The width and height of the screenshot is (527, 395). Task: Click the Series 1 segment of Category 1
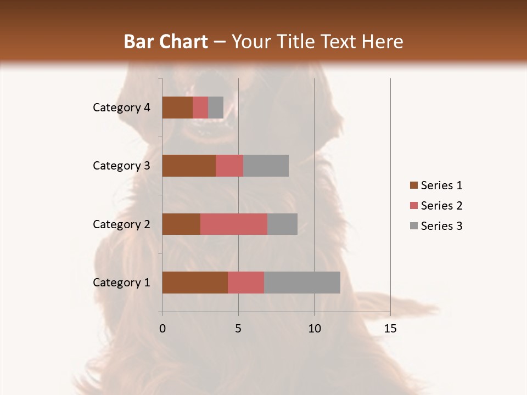(x=195, y=283)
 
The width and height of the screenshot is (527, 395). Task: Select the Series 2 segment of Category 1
(x=246, y=283)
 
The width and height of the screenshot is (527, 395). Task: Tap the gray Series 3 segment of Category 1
(x=302, y=283)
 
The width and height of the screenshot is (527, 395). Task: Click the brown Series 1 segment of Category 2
(x=181, y=224)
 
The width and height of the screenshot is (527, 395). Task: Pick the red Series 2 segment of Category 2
(x=234, y=224)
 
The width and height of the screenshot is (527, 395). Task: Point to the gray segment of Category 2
(x=282, y=224)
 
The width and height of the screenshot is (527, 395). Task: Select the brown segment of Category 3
(x=189, y=166)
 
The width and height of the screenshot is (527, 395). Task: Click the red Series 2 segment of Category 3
(x=229, y=166)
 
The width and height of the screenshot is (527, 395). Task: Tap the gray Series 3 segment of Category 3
(x=266, y=166)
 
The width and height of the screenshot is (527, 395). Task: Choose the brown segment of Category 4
(x=177, y=108)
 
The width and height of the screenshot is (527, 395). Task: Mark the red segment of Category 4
(x=200, y=108)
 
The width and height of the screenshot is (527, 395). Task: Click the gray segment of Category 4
(x=216, y=108)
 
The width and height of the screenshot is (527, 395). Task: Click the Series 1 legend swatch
(x=413, y=185)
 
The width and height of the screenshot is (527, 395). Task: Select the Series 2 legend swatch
(x=413, y=206)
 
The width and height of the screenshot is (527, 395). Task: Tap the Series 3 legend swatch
(x=413, y=226)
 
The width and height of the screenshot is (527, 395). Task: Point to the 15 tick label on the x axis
(x=390, y=329)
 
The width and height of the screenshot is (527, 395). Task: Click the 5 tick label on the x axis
(x=238, y=329)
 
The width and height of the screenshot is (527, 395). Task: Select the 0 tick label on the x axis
(x=162, y=329)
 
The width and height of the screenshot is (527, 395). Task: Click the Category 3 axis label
(x=121, y=166)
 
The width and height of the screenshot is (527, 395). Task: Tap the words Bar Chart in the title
(x=166, y=42)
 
